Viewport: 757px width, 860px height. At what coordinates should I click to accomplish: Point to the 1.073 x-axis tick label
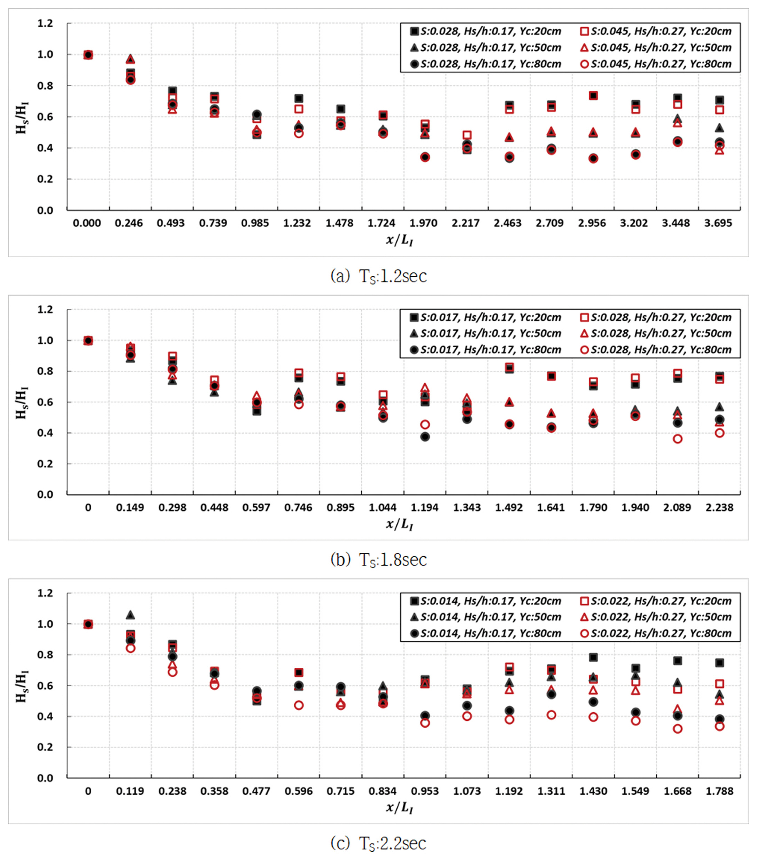coord(467,791)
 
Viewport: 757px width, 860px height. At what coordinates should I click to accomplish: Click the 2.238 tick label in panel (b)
coord(719,507)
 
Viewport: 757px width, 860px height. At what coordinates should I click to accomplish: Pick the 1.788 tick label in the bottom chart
coord(719,791)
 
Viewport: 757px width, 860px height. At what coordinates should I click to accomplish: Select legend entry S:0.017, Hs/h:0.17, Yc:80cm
coord(486,350)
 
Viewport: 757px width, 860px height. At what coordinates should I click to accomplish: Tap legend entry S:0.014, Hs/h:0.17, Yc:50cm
coord(486,617)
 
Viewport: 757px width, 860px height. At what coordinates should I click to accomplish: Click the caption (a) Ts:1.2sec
coord(378,276)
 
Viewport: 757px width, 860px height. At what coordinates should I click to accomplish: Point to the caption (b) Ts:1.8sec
coord(378,560)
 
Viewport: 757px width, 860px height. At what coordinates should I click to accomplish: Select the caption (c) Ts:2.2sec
coord(378,844)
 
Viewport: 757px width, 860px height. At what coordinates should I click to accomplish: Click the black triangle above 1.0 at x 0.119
coord(130,615)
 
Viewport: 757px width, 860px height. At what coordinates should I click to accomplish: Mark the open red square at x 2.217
coord(467,135)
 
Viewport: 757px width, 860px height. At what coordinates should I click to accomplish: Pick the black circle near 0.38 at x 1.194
coord(425,437)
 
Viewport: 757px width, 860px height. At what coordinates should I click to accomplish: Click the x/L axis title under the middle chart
coord(399,524)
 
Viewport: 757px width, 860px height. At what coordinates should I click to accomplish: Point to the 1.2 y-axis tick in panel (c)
coord(45,593)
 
